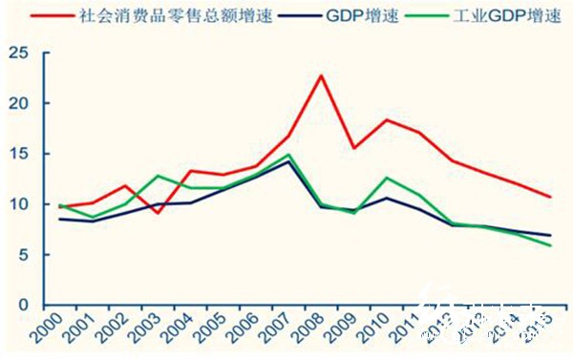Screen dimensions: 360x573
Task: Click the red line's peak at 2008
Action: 323,75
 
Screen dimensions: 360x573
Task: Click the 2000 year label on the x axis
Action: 64,329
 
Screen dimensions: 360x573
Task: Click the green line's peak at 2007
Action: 288,155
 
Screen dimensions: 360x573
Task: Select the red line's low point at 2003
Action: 158,212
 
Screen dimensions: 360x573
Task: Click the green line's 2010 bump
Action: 386,178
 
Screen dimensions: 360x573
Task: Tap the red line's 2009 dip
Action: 354,148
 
